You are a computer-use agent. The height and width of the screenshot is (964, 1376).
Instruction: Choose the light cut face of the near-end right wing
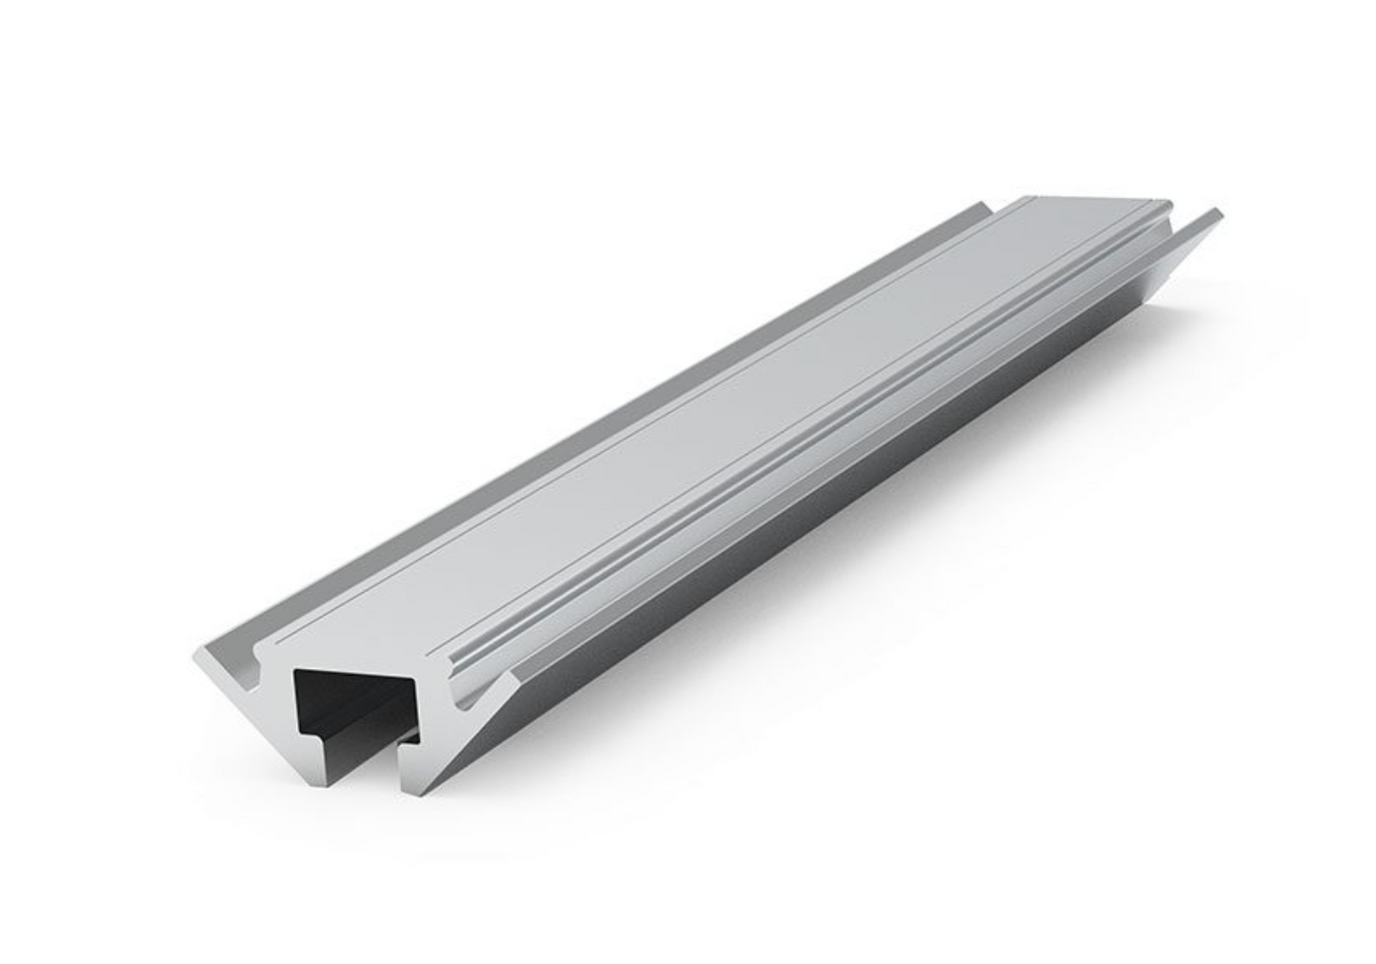point(476,752)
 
